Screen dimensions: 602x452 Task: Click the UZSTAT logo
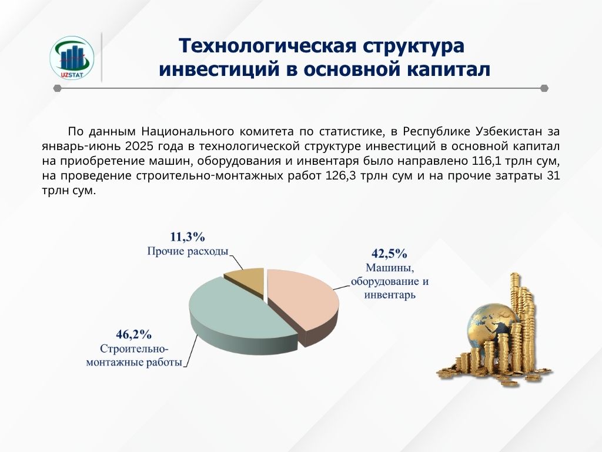(72, 58)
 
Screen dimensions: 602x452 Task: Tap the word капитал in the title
(447, 69)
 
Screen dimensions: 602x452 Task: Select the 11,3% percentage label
(188, 237)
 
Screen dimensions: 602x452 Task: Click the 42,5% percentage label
(389, 253)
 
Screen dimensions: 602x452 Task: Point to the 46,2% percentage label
(133, 334)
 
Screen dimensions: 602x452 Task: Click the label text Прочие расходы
(188, 251)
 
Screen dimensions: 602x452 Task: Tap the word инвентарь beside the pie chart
(390, 295)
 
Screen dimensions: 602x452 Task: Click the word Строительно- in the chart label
(134, 348)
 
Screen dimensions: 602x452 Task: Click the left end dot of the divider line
(58, 88)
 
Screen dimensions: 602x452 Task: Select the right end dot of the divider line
(544, 88)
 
